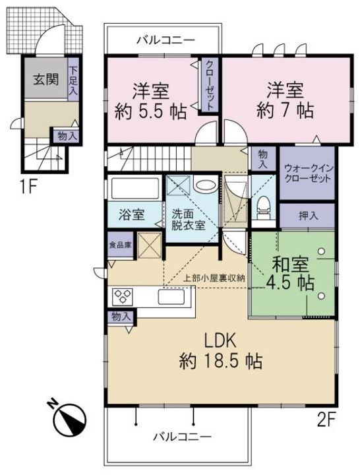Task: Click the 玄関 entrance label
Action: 45,79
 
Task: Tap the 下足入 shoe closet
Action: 74,79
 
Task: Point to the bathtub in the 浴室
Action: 135,188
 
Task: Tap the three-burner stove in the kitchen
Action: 123,297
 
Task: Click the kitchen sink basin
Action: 171,297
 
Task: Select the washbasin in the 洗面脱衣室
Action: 204,185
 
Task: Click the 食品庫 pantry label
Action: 121,245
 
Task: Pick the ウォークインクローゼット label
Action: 309,173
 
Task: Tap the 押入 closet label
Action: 308,216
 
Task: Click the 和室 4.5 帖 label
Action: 290,273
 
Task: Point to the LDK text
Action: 220,342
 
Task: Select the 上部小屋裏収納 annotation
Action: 214,278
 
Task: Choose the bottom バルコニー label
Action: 182,437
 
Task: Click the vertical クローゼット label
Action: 210,85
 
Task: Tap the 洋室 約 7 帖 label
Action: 285,100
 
